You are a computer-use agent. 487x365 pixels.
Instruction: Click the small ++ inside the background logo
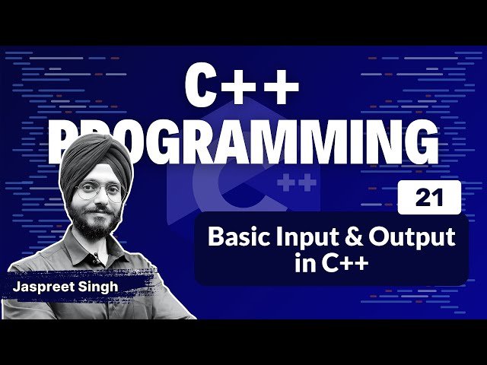[296, 183]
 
